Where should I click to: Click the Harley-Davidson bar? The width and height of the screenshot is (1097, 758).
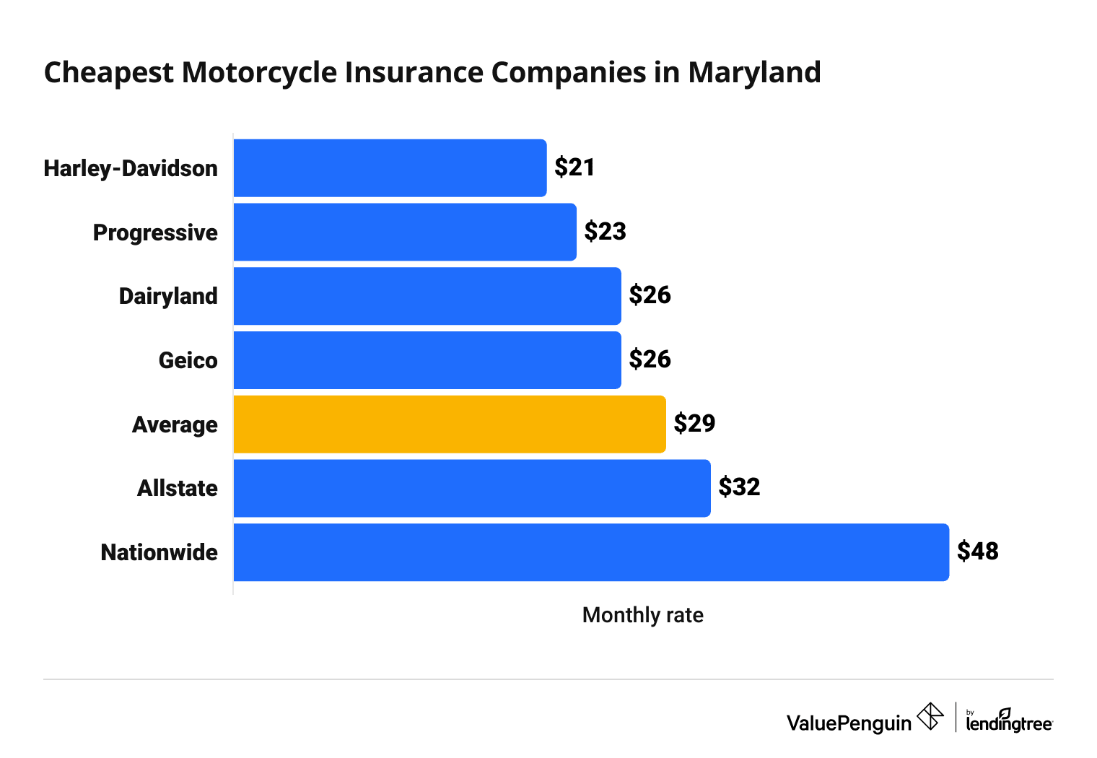coord(390,167)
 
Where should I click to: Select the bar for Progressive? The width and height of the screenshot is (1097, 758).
coord(405,232)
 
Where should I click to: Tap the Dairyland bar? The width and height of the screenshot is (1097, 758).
coord(427,296)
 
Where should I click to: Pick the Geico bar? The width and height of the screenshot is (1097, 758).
coord(427,360)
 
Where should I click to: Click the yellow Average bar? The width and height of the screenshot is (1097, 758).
coord(450,424)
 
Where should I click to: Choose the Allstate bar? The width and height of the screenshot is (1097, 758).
coord(472,488)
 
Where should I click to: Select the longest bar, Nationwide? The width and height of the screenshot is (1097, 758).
coord(591,552)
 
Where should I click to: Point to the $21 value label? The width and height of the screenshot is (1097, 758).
coord(574,167)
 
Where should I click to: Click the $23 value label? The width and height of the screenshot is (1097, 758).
coord(605,232)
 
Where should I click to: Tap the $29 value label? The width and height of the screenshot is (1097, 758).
coord(694,424)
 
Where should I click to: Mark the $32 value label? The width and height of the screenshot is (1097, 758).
coord(739,487)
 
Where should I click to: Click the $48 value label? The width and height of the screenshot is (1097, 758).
coord(977,552)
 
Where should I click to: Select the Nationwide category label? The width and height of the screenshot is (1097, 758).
coord(159,552)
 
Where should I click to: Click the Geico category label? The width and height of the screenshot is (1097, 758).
coord(188,360)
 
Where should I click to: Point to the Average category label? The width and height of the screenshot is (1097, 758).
coord(175,424)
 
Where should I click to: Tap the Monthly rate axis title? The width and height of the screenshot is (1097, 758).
coord(642,615)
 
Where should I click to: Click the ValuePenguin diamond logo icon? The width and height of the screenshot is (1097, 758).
coord(930,717)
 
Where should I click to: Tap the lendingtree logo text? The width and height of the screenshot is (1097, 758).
coord(1009,723)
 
